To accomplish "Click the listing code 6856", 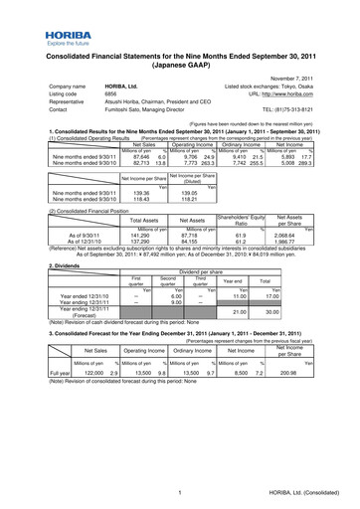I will click(114, 96).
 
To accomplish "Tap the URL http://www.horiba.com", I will click(292, 96).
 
